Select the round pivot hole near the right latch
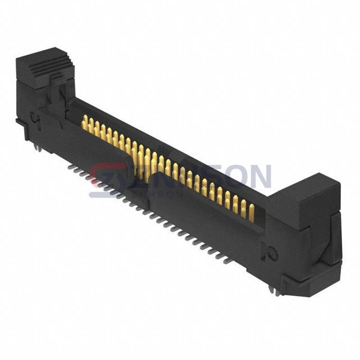(273, 254)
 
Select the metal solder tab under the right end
(275, 291)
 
